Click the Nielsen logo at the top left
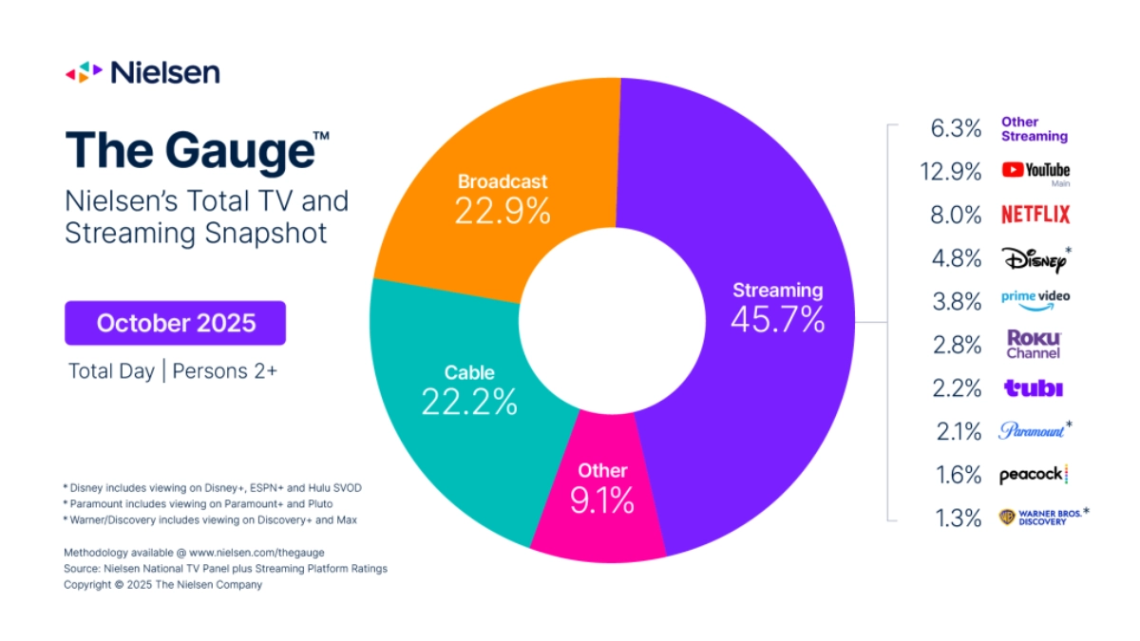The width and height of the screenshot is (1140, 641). (142, 72)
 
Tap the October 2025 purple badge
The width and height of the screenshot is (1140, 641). (176, 323)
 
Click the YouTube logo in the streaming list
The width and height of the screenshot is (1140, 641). (1035, 171)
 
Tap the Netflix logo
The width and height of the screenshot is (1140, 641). (1035, 215)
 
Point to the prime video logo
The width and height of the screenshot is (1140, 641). (1035, 297)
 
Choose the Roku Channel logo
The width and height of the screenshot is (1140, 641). (1034, 344)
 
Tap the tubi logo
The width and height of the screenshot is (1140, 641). (1033, 388)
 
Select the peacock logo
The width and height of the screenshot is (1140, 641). (1034, 475)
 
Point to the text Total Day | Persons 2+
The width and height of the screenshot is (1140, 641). (172, 371)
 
